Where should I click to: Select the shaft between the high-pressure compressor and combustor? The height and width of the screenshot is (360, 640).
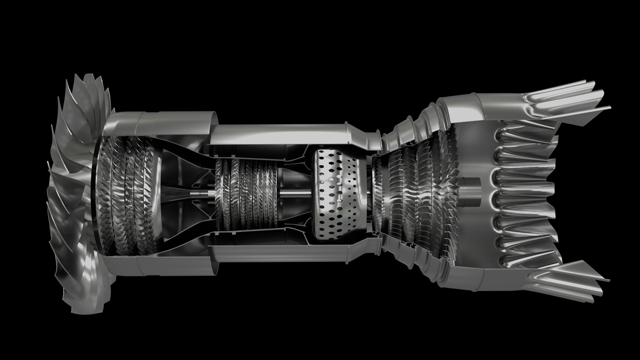coord(295,194)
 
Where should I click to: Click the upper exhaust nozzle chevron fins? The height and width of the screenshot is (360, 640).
coord(567,99)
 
